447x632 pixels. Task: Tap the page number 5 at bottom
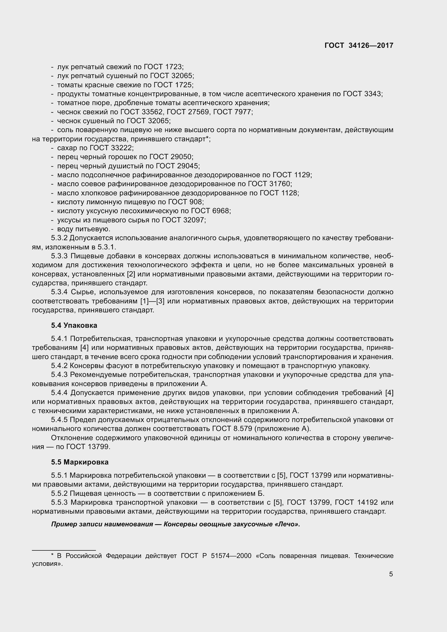tap(391, 574)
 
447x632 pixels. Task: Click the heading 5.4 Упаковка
tap(74, 325)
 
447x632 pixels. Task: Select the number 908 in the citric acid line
tap(196, 202)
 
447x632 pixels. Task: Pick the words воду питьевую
tap(84, 229)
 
